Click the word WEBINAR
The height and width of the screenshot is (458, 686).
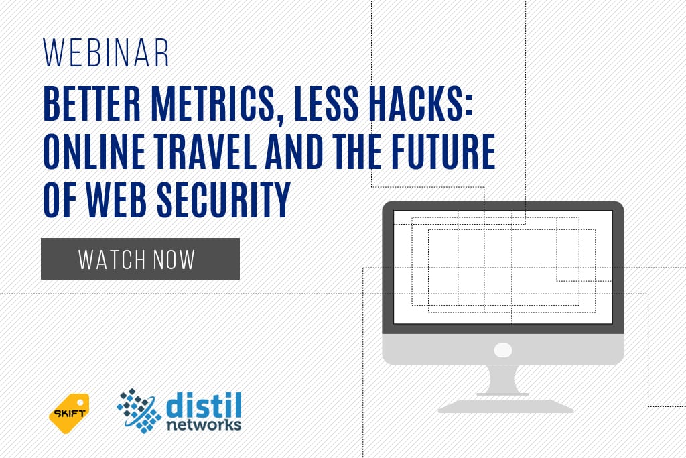click(106, 53)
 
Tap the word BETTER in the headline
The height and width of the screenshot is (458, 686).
click(92, 104)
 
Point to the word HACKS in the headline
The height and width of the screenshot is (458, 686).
click(419, 104)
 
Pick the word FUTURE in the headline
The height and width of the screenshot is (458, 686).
click(443, 152)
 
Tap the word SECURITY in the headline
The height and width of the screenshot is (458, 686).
click(224, 200)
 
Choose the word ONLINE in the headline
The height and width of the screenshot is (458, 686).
click(94, 152)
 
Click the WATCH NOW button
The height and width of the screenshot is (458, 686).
click(140, 259)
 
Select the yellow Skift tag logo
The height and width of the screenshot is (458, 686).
click(69, 413)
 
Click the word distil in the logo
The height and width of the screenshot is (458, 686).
click(204, 406)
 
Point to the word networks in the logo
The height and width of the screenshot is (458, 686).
click(204, 425)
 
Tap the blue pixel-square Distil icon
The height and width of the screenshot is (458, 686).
click(139, 410)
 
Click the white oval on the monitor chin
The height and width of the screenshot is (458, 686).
click(502, 350)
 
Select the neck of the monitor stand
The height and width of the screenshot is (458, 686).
click(503, 380)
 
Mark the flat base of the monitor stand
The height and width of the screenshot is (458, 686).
click(505, 406)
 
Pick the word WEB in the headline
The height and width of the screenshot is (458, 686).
click(116, 200)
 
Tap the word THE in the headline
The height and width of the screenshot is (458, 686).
click(357, 152)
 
